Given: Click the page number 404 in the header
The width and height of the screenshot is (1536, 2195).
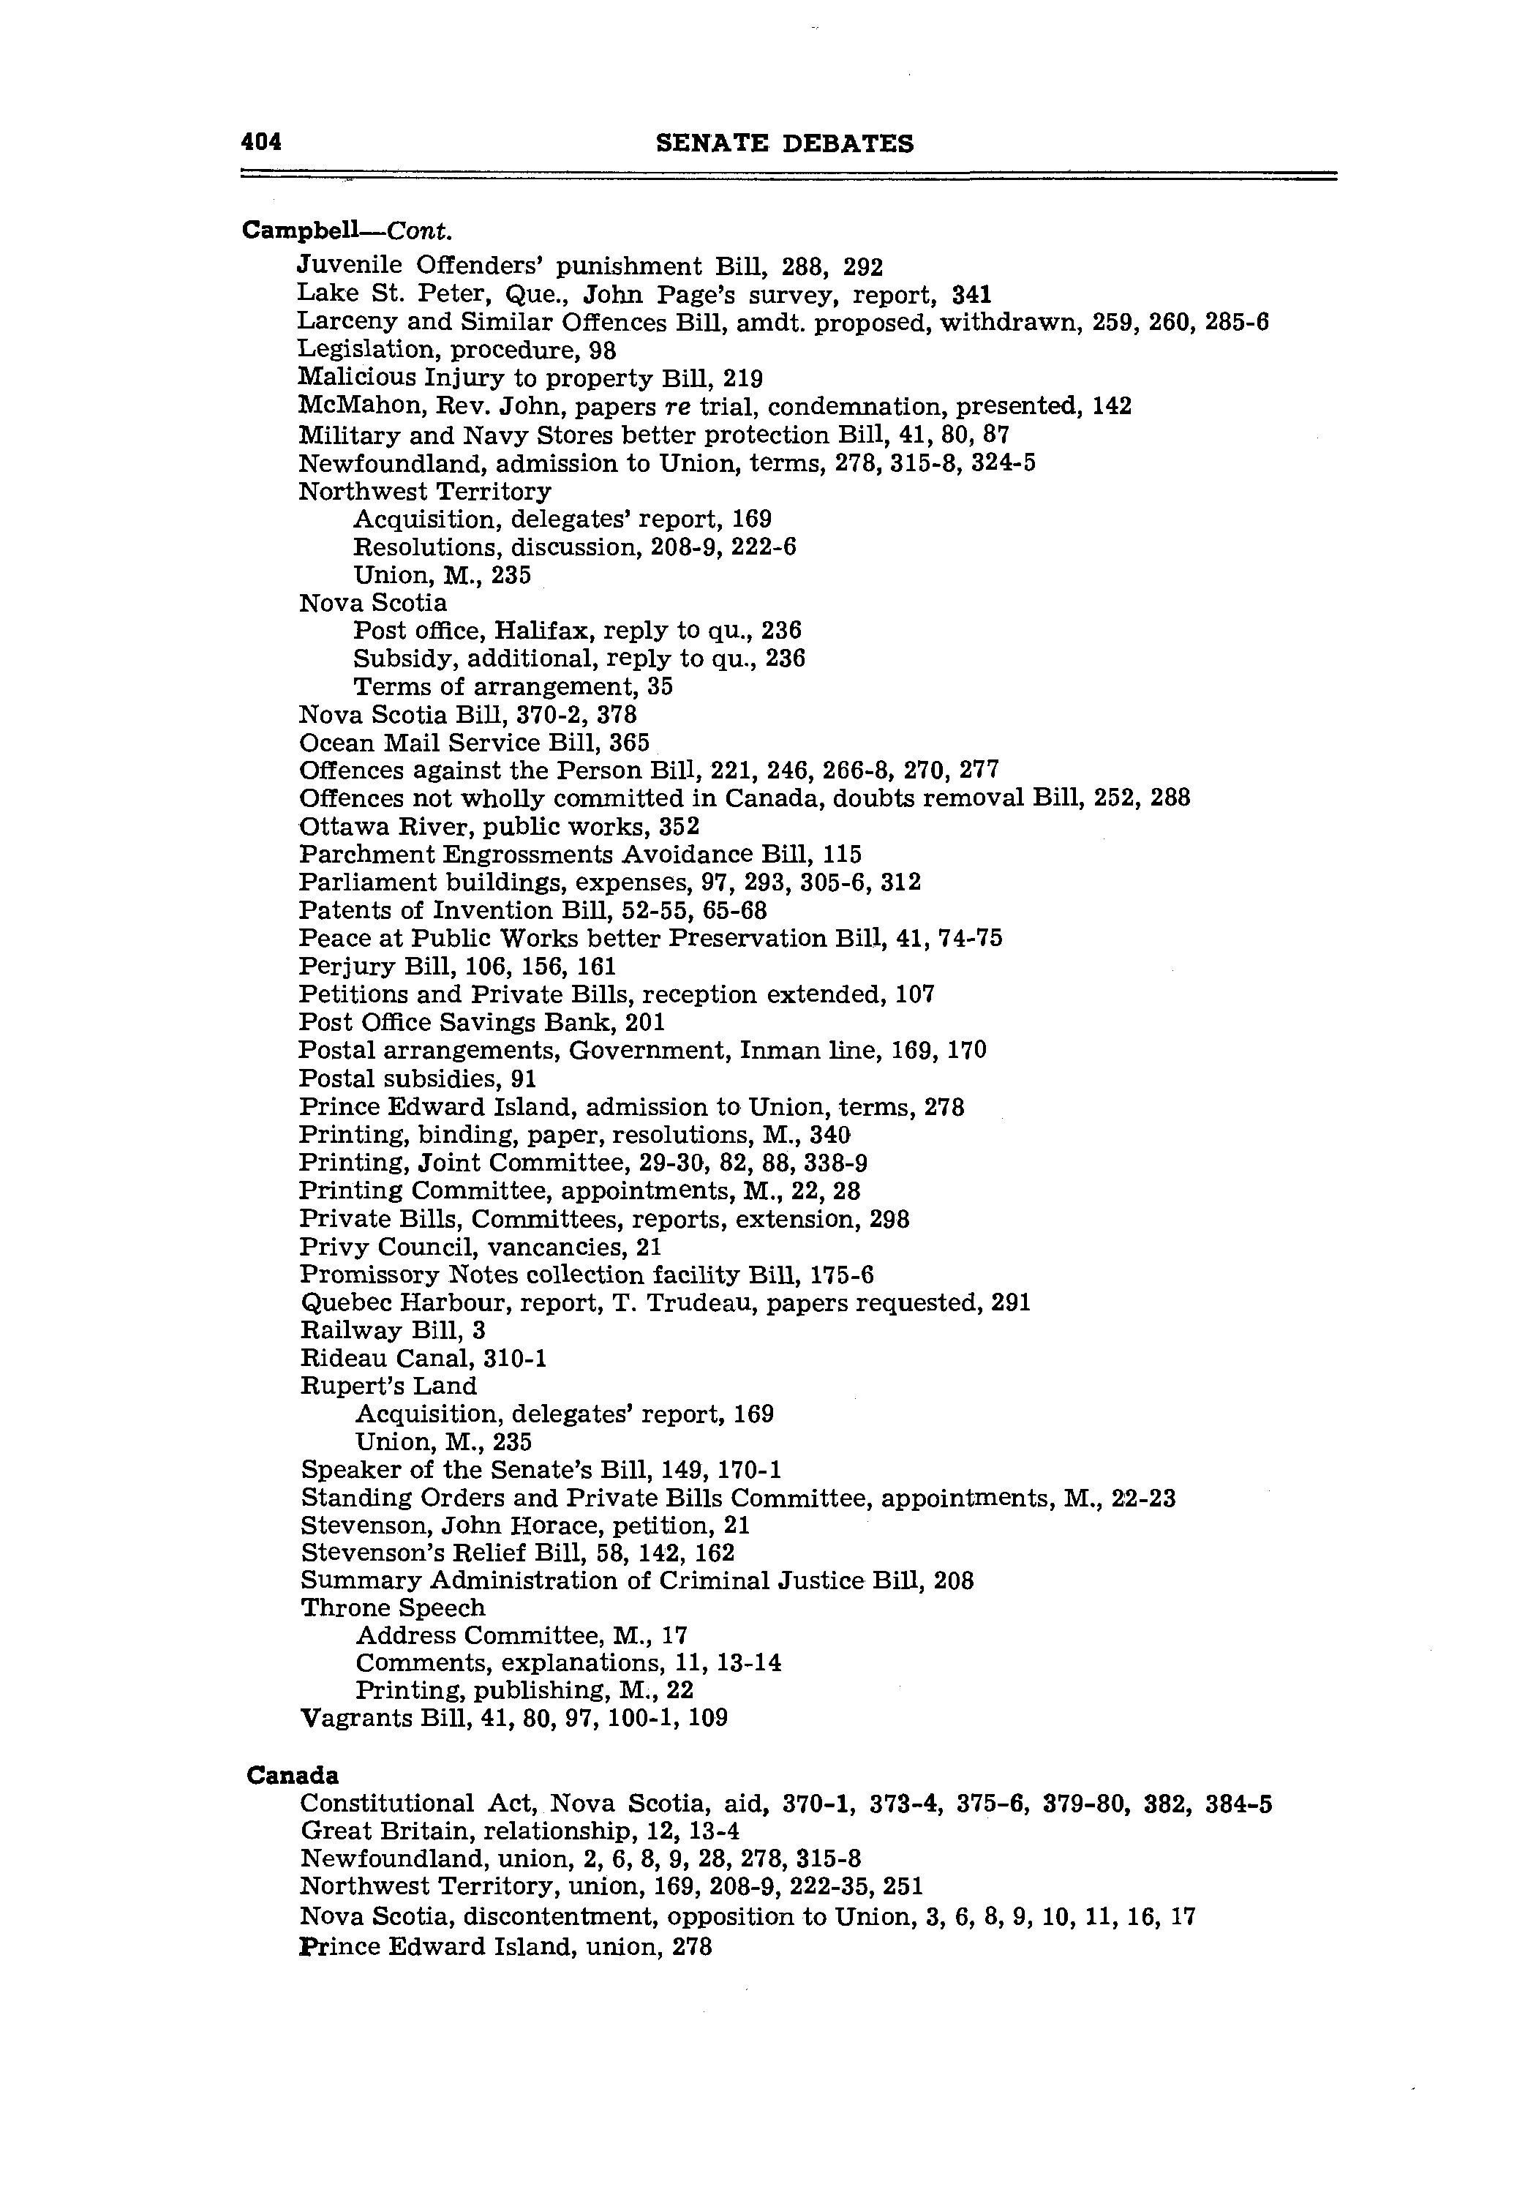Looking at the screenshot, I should coord(261,143).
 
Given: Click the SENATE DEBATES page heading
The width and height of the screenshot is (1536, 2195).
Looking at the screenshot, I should coord(785,144).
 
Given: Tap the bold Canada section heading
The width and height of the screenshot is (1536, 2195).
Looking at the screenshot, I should coord(293,1775).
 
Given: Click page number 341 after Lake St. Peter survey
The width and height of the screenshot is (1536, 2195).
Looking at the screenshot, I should coord(972,294).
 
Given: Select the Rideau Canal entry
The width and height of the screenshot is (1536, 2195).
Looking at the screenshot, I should coord(423,1359).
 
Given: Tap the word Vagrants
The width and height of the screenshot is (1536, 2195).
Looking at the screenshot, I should coord(355,1719).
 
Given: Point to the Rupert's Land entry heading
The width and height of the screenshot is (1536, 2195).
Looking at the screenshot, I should coord(388,1387).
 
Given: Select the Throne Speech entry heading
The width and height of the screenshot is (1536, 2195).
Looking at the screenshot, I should coord(393,1608).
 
